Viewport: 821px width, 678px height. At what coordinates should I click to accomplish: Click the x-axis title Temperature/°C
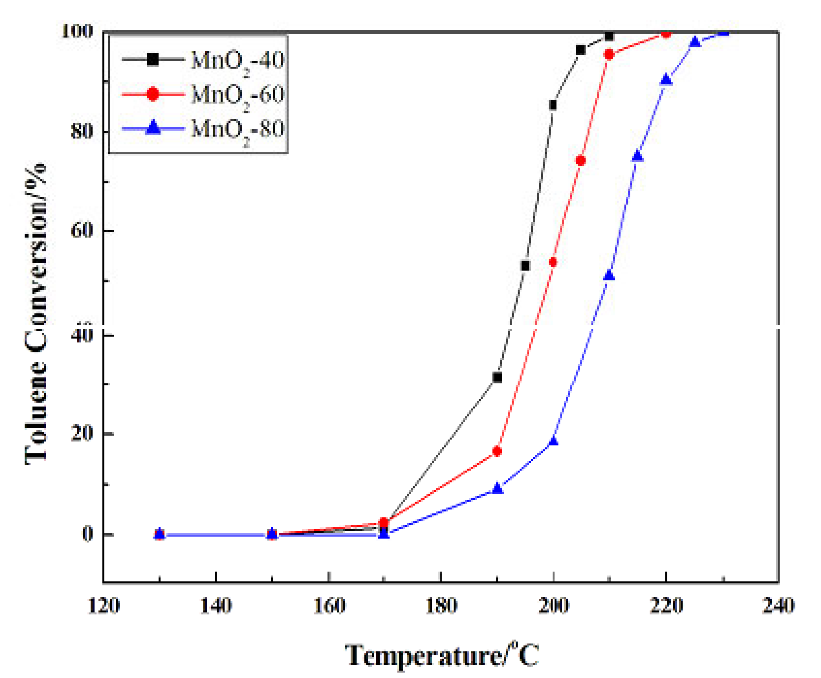442,655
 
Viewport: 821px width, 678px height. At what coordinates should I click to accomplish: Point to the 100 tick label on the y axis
77,31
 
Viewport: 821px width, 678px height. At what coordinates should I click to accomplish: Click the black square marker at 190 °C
497,378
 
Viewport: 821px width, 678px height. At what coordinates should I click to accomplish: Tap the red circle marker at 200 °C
553,262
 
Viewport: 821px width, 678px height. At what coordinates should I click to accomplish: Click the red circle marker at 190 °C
497,451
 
